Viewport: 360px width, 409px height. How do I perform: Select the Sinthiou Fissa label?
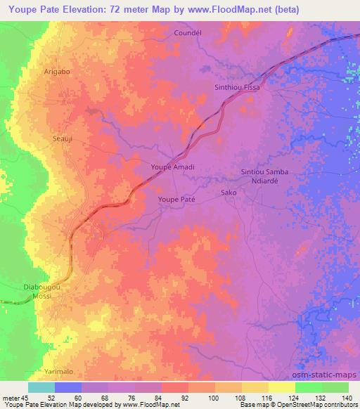click(x=237, y=87)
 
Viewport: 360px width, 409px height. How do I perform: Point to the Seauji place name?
click(x=63, y=139)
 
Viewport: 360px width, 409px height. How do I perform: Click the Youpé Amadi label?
click(x=172, y=167)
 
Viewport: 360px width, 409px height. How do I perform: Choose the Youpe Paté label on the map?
click(x=175, y=200)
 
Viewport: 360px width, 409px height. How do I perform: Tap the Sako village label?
click(x=228, y=192)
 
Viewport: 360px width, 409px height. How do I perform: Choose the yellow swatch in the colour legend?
click(x=282, y=387)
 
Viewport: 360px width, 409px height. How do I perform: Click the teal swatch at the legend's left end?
click(x=41, y=387)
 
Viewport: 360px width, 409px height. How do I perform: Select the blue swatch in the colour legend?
click(x=68, y=387)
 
